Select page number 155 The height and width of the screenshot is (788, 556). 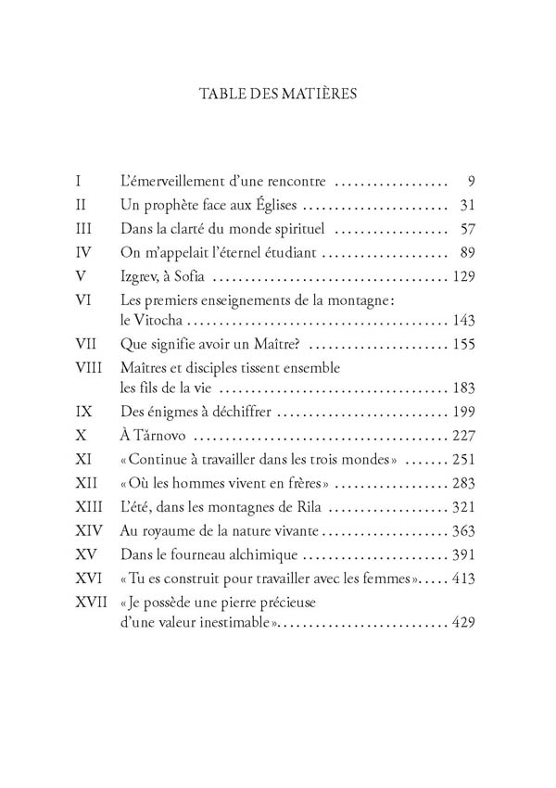(462, 345)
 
